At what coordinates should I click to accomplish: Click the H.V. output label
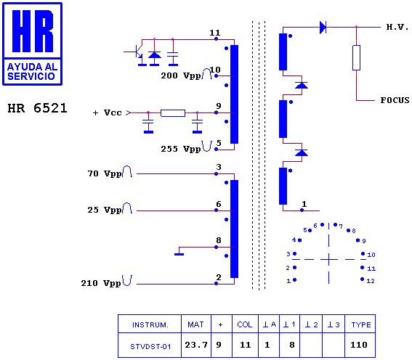[397, 27]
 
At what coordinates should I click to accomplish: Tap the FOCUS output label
[395, 100]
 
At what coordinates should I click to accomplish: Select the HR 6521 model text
[37, 108]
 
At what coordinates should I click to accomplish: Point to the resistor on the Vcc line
[173, 113]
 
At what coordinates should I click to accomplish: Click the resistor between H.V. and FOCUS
[356, 58]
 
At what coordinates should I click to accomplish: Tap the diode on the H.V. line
[323, 27]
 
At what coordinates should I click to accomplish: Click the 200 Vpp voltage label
[181, 75]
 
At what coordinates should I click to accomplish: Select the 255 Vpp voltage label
[181, 149]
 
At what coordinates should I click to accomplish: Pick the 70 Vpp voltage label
[105, 173]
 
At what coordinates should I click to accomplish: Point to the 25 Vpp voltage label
[105, 210]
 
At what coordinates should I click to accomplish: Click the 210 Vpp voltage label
[101, 283]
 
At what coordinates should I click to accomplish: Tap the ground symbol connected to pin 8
[179, 254]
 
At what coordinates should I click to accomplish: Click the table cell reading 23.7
[196, 345]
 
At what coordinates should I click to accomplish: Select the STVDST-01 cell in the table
[150, 347]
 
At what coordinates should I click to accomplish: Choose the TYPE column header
[361, 324]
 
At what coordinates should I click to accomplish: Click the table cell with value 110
[359, 345]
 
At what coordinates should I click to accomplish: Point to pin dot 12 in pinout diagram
[362, 279]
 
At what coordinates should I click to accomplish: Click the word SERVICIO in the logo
[31, 76]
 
